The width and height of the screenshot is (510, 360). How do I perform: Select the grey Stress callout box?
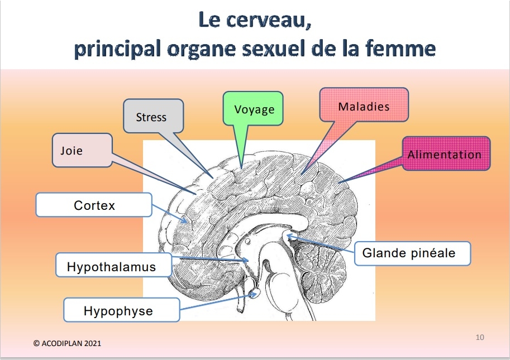tap(153, 116)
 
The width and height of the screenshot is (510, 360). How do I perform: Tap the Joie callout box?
tap(82, 150)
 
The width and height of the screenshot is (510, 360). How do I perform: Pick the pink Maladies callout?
tap(364, 105)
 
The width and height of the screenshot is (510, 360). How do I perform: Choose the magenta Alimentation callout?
tap(446, 153)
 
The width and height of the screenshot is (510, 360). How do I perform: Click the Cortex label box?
tap(94, 205)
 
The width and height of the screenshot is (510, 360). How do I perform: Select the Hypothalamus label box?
tap(113, 265)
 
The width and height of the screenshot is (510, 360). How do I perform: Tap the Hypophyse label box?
tap(121, 310)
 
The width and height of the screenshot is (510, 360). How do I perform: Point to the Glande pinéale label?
tap(412, 253)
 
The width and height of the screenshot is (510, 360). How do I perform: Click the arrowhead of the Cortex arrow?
tap(185, 220)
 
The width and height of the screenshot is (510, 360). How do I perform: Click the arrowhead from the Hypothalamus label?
tap(246, 260)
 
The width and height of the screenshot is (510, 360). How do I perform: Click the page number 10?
tap(480, 337)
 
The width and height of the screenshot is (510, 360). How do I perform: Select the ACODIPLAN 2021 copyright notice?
tap(68, 343)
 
